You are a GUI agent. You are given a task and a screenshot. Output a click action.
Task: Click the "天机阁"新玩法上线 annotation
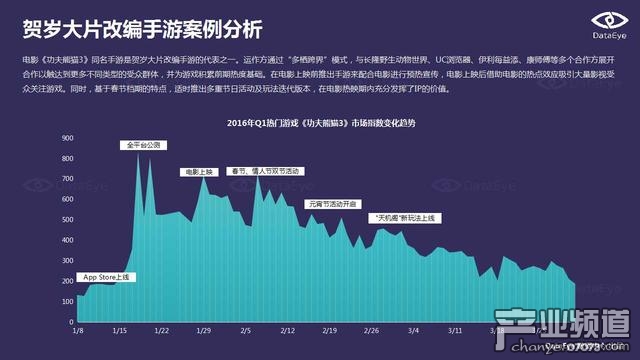404,217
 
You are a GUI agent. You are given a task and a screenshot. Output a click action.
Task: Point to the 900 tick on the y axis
68,136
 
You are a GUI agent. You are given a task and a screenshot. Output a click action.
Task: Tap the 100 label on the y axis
68,297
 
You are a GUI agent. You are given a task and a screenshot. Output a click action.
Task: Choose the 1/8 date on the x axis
78,328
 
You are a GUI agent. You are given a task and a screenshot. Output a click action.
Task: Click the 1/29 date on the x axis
204,328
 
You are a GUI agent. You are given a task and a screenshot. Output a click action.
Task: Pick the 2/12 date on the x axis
287,328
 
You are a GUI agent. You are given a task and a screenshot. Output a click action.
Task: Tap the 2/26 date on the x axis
371,328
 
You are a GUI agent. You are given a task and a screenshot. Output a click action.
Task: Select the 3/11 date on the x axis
455,328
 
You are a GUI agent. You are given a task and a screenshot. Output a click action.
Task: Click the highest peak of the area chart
138,152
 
